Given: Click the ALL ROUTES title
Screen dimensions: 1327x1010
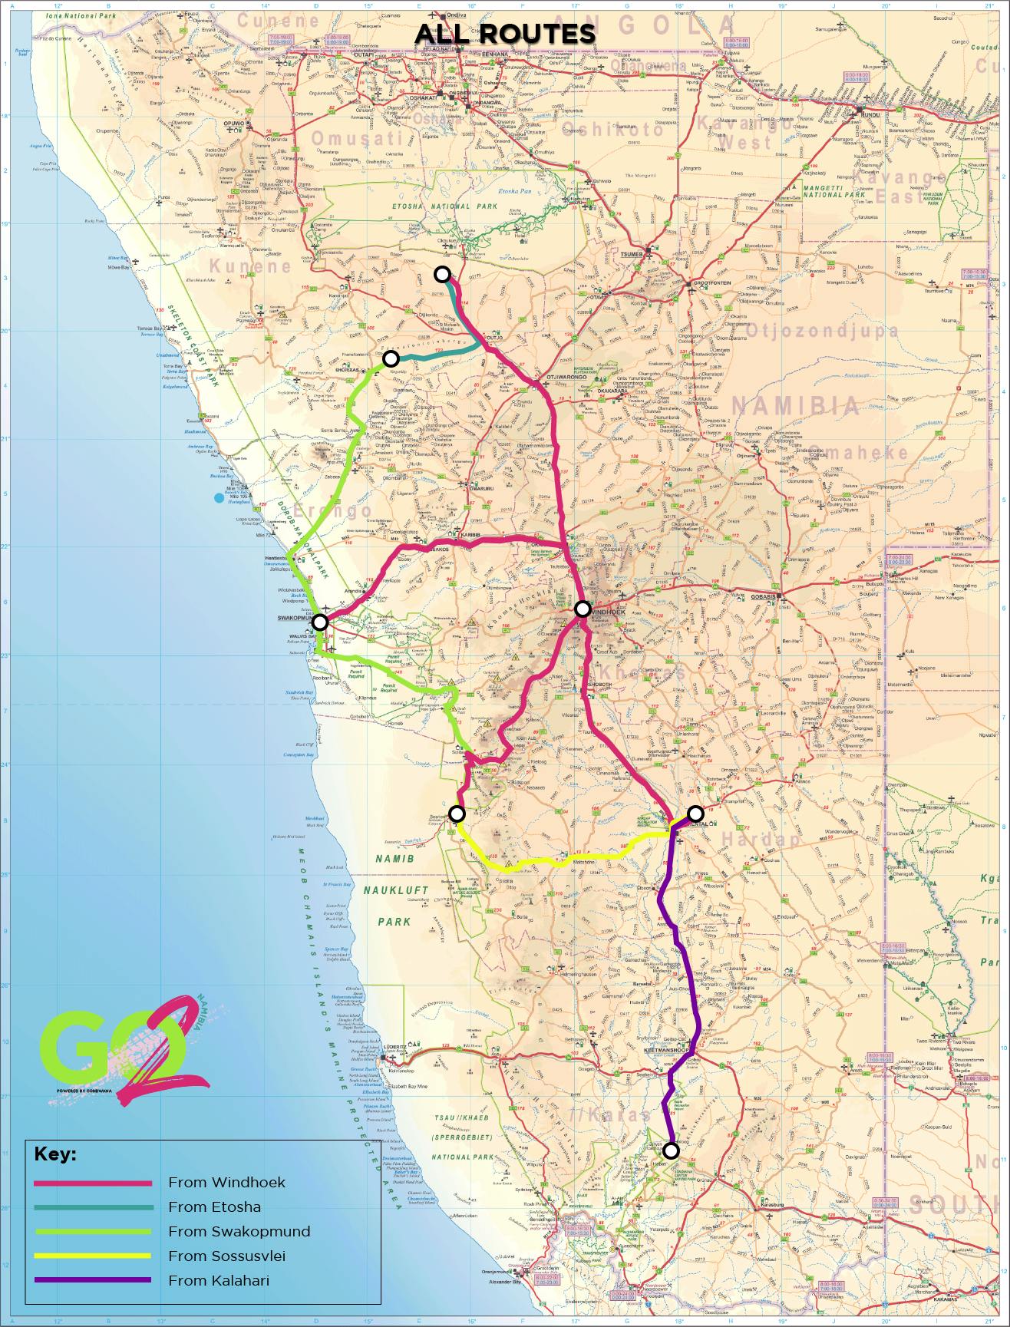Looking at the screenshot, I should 505,34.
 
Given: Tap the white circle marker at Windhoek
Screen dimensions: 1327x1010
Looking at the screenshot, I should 583,609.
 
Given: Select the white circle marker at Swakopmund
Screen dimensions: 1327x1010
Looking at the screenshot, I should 321,622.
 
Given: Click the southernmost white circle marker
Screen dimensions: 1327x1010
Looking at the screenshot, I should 671,1150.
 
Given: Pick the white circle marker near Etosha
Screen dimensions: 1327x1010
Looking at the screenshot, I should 442,274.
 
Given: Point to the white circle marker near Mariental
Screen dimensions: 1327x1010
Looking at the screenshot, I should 695,814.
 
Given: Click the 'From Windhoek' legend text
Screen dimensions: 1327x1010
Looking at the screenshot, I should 216,1182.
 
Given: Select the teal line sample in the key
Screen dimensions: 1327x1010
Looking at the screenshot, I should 93,1207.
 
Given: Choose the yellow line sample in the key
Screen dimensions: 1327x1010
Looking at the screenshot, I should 93,1256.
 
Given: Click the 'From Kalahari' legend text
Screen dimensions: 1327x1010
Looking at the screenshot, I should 219,1280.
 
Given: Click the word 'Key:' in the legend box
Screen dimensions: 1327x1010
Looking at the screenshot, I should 55,1156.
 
